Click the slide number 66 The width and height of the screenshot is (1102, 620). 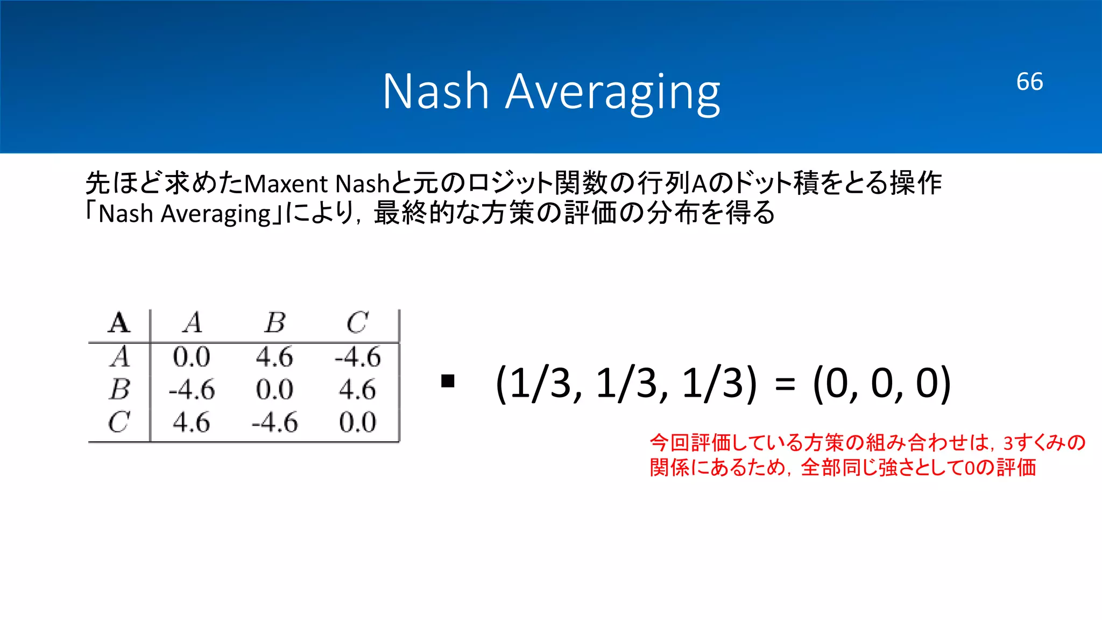point(1029,82)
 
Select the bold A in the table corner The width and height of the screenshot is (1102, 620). point(119,323)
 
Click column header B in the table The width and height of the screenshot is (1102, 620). point(275,323)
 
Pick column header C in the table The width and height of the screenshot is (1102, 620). point(357,323)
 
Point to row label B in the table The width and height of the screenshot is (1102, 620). point(119,389)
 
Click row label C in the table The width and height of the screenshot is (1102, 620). point(119,422)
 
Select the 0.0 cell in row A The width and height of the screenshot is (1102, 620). point(191,357)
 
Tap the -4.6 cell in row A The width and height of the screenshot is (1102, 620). point(357,357)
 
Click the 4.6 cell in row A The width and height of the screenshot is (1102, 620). point(274,357)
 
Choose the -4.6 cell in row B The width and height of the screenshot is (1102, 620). point(191,389)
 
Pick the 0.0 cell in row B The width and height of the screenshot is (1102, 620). point(274,389)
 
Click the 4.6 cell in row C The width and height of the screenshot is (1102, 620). point(191,422)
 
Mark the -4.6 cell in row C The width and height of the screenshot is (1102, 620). point(274,422)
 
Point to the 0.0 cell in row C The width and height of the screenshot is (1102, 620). point(357,422)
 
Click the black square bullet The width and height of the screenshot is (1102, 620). point(448,382)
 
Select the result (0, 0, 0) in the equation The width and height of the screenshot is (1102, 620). point(882,383)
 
